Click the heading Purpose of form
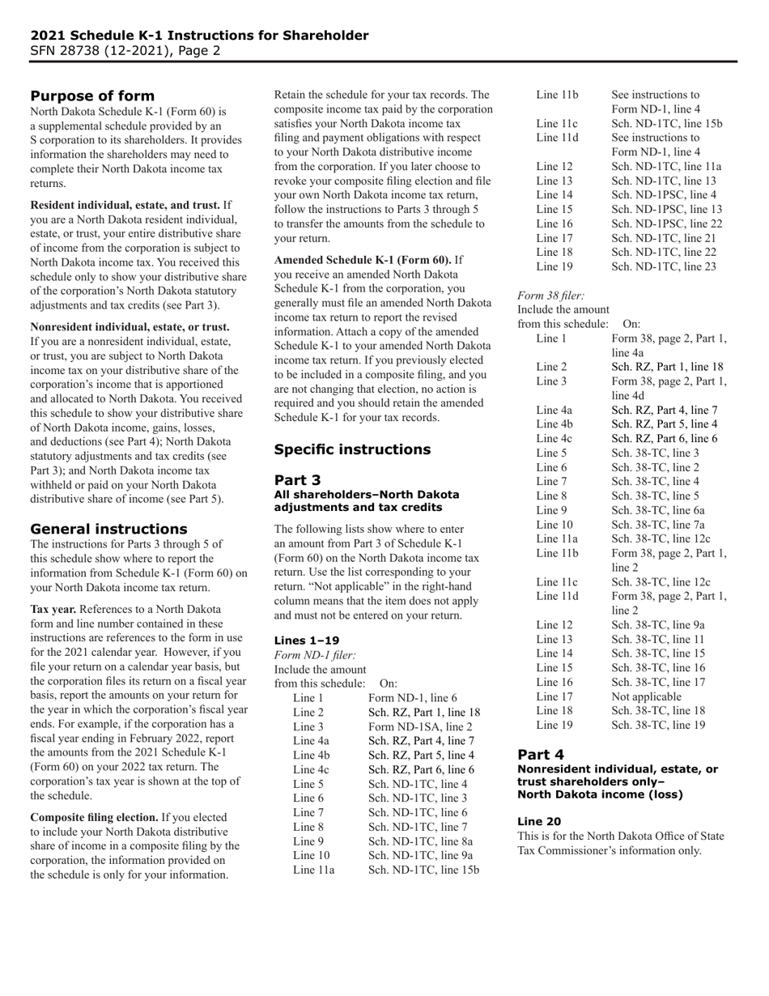coord(92,96)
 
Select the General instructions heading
coord(108,528)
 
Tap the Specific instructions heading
coord(352,449)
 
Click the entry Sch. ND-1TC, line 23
coord(664,266)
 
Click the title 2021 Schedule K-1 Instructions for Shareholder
coord(199,36)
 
